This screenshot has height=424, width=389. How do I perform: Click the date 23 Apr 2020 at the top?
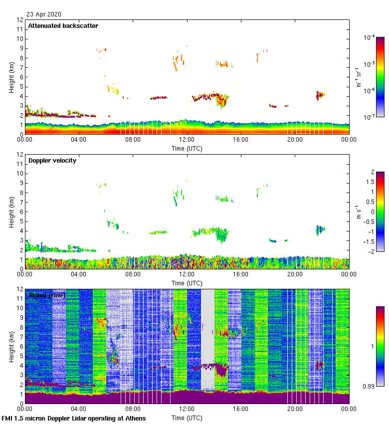click(44, 14)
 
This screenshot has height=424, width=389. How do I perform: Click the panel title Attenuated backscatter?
click(63, 26)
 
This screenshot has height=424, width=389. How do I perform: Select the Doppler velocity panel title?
click(52, 161)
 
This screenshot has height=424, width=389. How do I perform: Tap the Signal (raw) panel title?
click(47, 295)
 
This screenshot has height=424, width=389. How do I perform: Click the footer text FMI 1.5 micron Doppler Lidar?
click(74, 418)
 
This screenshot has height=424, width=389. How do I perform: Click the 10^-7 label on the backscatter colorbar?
click(370, 117)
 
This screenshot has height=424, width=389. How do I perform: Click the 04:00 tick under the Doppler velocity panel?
click(79, 275)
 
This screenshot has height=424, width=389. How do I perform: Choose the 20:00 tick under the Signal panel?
click(295, 410)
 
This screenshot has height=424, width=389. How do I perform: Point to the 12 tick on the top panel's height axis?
click(20, 20)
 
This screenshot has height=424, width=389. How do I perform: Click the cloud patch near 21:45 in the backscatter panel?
click(320, 94)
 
